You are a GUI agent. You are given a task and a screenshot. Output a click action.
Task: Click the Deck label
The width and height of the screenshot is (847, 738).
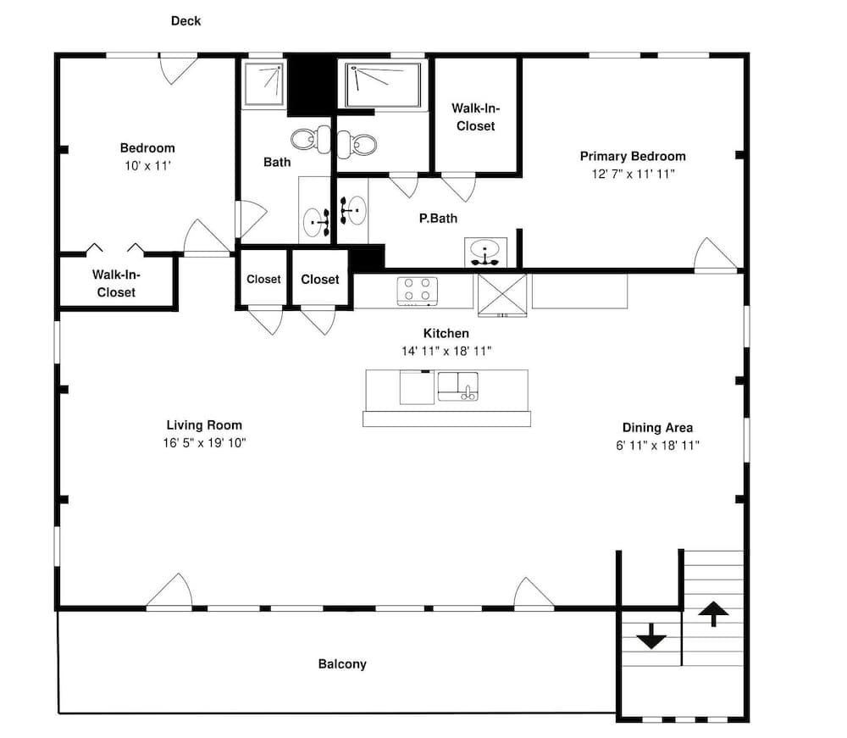tap(185, 21)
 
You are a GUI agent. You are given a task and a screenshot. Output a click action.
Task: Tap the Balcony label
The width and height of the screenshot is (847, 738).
tap(342, 664)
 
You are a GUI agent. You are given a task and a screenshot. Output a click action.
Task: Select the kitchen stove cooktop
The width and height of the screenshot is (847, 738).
tap(417, 291)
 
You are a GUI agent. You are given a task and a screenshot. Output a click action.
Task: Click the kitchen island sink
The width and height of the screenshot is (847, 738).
tap(458, 386)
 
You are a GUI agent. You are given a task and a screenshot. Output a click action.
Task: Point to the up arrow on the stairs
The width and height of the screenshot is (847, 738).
tap(713, 613)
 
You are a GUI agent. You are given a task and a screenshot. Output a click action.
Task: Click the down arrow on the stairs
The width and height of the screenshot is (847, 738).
tap(651, 636)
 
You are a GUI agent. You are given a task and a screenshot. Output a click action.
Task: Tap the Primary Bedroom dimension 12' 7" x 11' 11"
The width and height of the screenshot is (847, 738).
tap(633, 174)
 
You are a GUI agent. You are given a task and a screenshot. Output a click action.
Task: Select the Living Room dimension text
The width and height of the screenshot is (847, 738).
tap(205, 443)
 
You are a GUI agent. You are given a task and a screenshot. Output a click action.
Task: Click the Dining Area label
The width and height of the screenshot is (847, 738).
tap(657, 428)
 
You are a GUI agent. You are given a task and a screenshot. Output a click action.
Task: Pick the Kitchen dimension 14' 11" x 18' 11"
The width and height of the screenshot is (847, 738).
tap(446, 351)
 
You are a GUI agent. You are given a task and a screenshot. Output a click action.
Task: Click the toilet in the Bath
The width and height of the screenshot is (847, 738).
tap(311, 139)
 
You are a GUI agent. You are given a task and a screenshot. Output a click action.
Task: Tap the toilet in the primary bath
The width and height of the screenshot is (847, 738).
tap(357, 144)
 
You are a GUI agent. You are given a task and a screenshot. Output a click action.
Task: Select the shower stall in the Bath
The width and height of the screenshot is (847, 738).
tap(263, 84)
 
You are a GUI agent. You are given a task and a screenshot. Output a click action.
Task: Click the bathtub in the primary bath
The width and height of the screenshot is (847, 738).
tap(383, 85)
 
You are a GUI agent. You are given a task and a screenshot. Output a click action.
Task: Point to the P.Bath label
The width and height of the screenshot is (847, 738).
tap(438, 219)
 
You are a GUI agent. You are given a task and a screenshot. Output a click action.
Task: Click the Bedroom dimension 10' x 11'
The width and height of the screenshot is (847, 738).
tap(147, 166)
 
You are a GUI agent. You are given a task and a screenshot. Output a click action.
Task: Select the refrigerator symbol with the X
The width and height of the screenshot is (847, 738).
tap(502, 295)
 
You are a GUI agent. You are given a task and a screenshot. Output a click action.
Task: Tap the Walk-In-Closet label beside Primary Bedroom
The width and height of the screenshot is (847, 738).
tap(476, 117)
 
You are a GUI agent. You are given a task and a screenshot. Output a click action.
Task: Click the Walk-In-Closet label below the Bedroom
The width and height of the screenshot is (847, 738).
tap(116, 284)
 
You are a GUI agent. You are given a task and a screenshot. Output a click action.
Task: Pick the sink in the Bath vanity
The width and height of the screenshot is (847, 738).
tap(315, 222)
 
